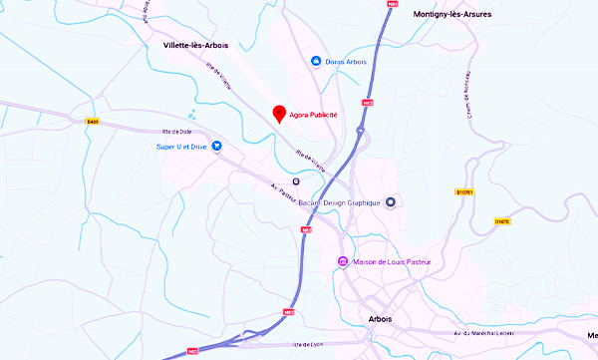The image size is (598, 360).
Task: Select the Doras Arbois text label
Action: click(347, 62)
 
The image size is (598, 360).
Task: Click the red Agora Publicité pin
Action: click(279, 113)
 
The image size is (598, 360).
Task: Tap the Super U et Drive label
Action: click(181, 147)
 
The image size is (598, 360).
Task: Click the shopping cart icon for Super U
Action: click(216, 147)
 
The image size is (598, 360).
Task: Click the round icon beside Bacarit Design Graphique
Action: click(391, 201)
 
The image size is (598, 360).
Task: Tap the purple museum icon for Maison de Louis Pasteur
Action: click(343, 262)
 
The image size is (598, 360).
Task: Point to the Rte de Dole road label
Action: click(176, 132)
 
